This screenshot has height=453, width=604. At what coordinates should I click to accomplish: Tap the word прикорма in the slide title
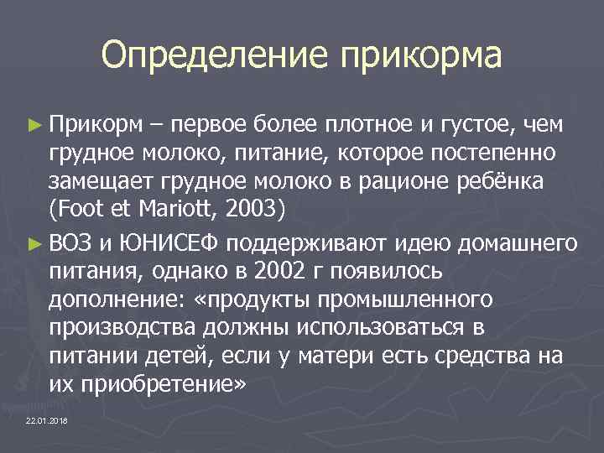click(421, 57)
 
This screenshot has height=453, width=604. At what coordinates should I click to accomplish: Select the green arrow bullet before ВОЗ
click(34, 244)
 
